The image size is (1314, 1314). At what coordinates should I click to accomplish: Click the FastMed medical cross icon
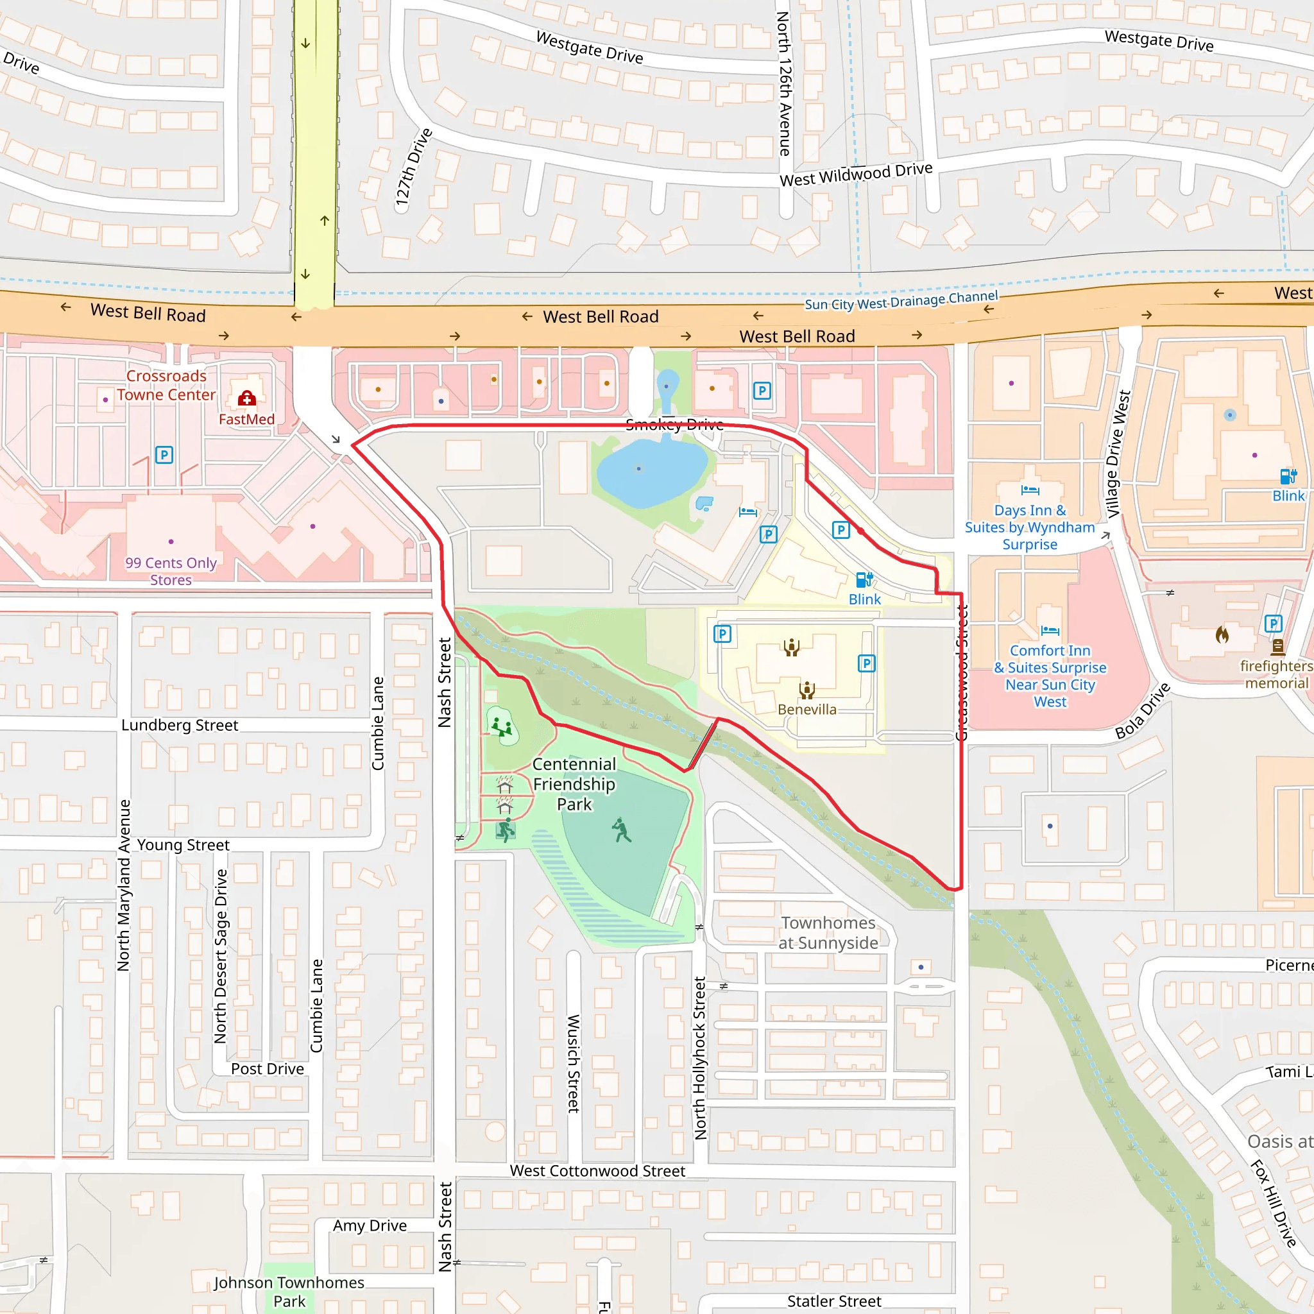(247, 398)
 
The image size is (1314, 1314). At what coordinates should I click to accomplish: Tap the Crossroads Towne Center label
(166, 386)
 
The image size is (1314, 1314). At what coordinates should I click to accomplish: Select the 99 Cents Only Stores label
(171, 571)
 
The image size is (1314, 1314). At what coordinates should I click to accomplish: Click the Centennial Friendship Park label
(574, 784)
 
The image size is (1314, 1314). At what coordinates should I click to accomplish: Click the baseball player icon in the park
(621, 830)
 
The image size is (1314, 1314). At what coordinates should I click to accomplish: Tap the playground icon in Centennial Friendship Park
(502, 726)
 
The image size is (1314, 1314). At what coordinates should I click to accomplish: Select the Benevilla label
(806, 710)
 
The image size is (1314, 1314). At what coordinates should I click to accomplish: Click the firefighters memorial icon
(1277, 647)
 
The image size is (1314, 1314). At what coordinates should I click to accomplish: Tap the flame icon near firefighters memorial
(1222, 635)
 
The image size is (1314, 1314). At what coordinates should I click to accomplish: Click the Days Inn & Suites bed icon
(1030, 490)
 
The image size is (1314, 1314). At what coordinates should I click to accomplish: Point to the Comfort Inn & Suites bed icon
(1050, 631)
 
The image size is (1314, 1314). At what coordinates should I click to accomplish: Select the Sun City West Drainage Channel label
(901, 300)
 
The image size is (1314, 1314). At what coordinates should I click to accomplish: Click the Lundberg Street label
(180, 725)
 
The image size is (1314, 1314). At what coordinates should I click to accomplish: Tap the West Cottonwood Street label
(597, 1170)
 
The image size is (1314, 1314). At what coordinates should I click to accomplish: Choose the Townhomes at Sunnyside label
(828, 932)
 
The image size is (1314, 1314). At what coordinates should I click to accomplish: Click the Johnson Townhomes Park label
(289, 1292)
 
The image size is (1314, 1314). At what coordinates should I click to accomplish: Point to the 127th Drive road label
(414, 167)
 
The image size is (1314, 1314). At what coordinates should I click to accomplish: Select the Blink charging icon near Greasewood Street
(864, 579)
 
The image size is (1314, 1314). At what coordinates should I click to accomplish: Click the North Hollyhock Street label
(700, 1057)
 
